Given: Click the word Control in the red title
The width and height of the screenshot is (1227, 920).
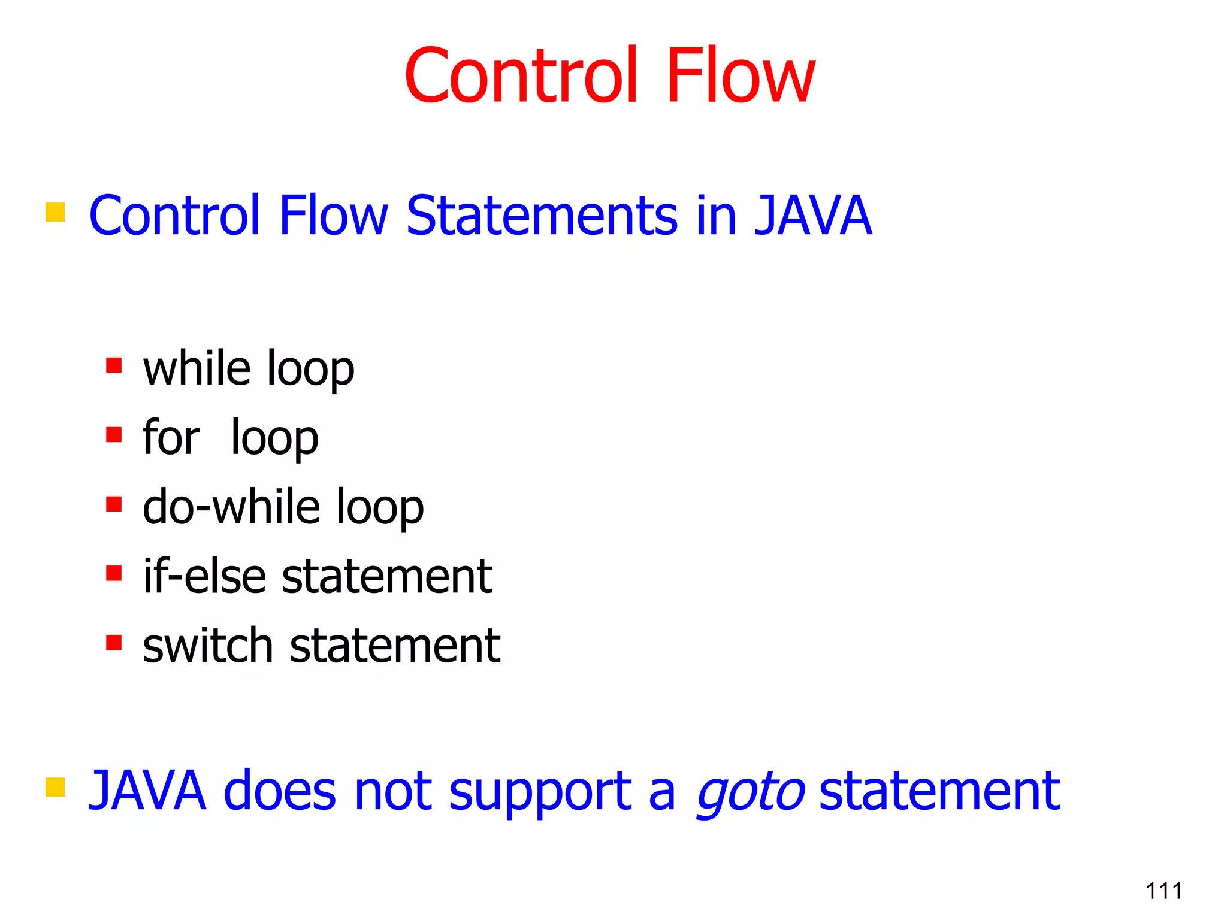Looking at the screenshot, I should (520, 77).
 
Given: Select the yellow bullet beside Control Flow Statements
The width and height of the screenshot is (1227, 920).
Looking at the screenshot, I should (55, 212).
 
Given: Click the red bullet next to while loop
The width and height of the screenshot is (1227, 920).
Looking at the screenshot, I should (114, 365).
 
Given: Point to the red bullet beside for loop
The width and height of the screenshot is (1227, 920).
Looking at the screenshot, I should (114, 434).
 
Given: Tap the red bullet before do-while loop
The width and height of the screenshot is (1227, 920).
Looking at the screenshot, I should (114, 504).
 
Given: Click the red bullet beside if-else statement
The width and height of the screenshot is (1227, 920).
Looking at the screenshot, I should (114, 574).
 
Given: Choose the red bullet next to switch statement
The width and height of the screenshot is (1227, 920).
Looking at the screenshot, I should (114, 643).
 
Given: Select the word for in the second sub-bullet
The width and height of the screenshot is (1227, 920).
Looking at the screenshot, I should (171, 438).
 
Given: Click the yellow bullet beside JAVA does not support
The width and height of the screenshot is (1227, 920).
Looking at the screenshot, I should (55, 787).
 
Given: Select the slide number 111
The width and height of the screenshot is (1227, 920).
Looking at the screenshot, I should (1163, 891).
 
